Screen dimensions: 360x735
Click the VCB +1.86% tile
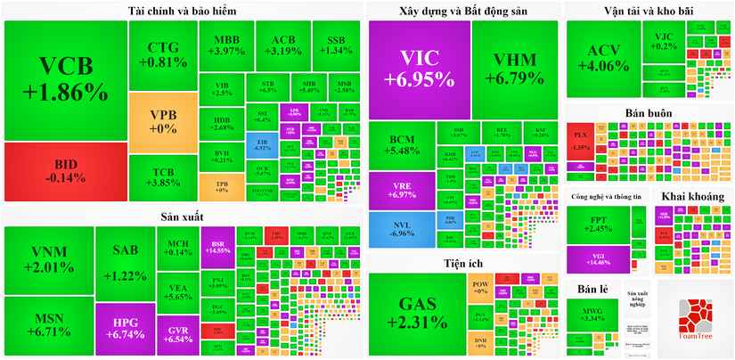click(x=65, y=80)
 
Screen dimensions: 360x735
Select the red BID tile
click(x=65, y=171)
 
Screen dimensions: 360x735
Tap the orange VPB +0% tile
click(x=162, y=121)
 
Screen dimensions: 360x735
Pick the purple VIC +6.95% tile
click(x=419, y=69)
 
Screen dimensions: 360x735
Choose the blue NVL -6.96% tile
click(x=402, y=229)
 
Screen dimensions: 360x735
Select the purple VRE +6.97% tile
click(x=402, y=189)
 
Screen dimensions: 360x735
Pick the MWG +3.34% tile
click(x=592, y=319)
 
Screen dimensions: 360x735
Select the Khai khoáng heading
click(x=692, y=196)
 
